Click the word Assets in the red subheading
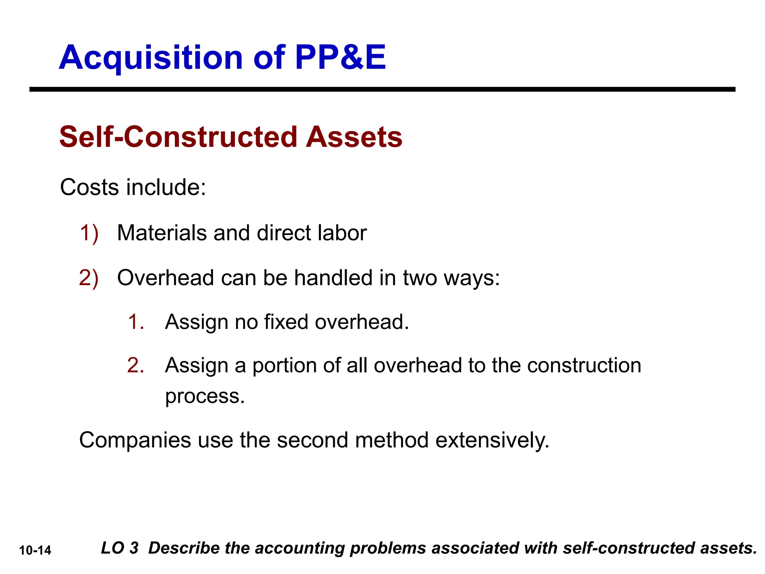[x=354, y=137]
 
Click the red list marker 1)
[x=89, y=233]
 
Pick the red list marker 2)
[x=89, y=278]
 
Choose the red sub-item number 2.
[x=136, y=365]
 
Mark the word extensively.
[x=492, y=440]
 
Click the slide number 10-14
[x=35, y=550]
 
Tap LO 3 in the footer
[x=120, y=548]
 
